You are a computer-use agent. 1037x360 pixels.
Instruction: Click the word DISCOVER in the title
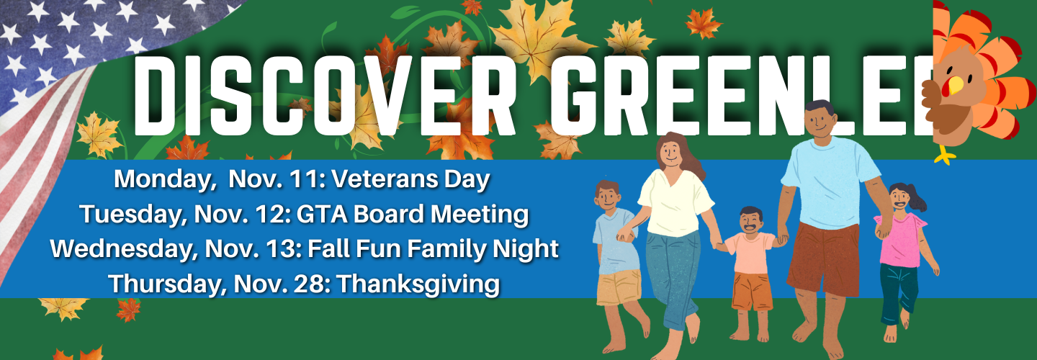coord(323,95)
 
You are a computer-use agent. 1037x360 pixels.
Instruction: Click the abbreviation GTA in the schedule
coord(322,215)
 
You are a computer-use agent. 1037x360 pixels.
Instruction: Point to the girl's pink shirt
coord(900,240)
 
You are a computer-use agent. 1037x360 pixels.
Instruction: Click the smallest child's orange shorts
coord(752,292)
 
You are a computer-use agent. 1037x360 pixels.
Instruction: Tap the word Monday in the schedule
coord(163,179)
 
